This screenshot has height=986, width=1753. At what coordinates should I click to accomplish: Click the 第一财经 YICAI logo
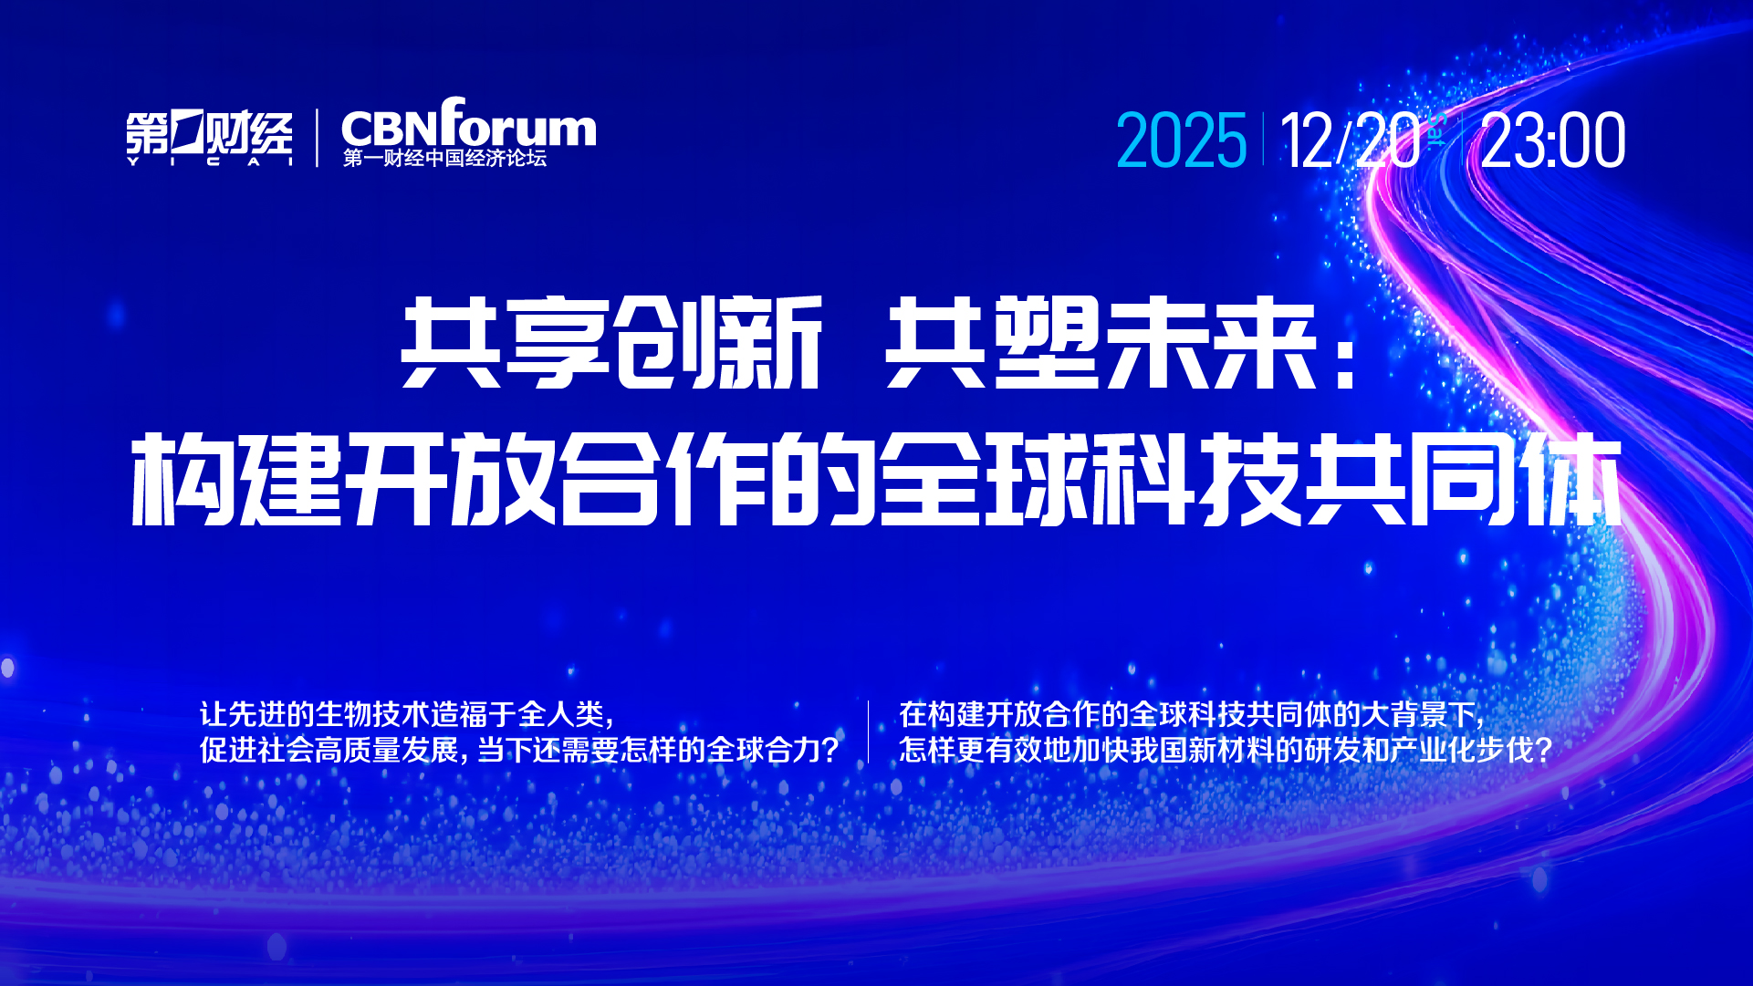pos(210,139)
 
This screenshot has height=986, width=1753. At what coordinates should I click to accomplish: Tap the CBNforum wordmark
pos(469,122)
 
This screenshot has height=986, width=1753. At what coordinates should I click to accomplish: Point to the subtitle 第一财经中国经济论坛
pos(444,158)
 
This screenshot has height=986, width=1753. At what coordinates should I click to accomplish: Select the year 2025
pos(1182,140)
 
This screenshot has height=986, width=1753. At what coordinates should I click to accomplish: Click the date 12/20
pos(1351,140)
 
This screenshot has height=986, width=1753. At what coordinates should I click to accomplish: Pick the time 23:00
pos(1553,140)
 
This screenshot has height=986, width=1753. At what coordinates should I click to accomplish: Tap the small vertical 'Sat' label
pos(1436,129)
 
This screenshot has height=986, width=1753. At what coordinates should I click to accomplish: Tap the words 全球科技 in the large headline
pos(1090,480)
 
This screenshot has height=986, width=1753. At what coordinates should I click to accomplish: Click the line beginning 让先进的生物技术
pos(407,714)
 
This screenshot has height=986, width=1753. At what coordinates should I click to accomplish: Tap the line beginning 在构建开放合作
pos(1192,714)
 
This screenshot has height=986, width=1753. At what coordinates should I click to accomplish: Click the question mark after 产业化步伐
pos(1543,751)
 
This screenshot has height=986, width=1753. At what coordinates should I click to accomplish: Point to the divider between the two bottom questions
pos(868,732)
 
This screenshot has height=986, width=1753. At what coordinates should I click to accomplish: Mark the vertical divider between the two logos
pos(318,139)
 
